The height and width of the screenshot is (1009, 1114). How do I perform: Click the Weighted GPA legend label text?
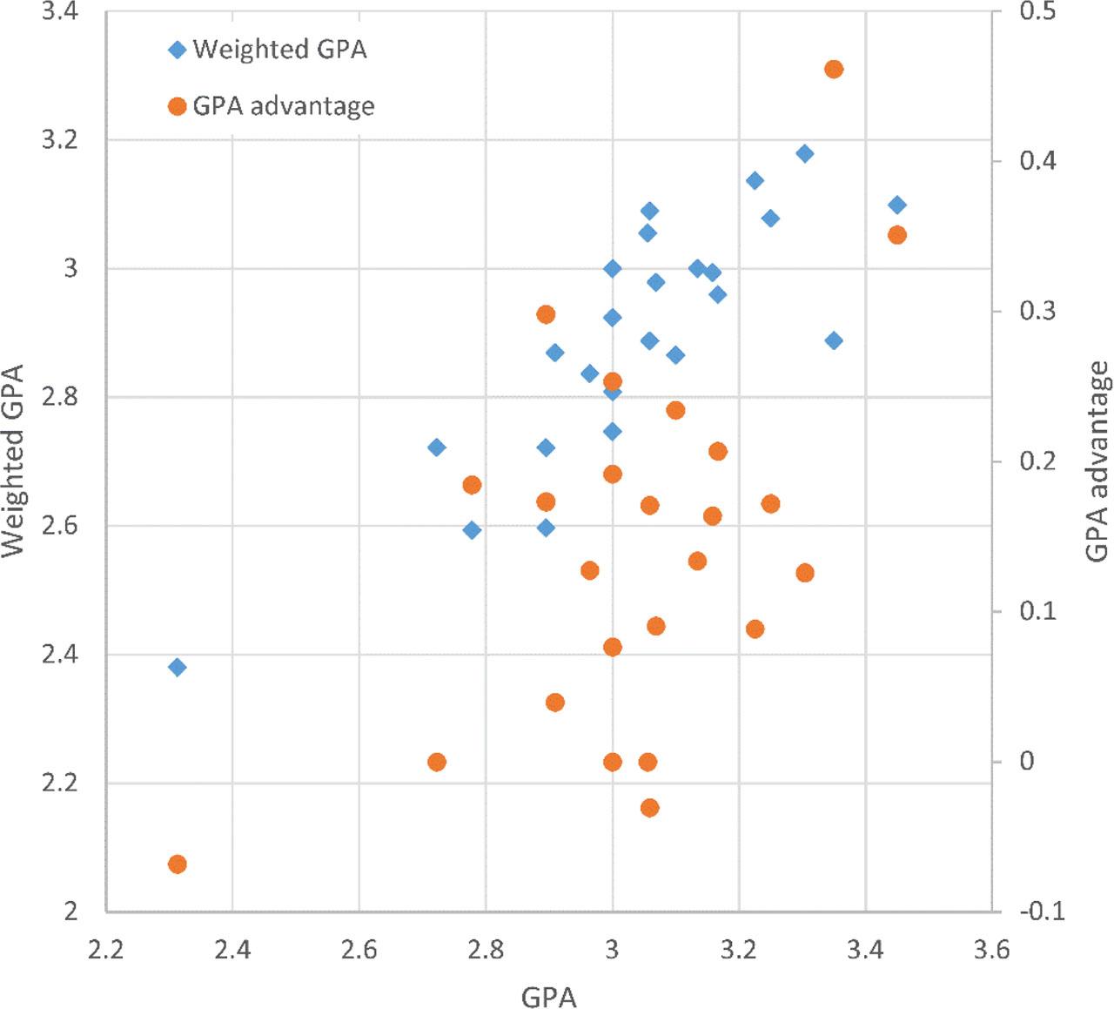click(x=279, y=49)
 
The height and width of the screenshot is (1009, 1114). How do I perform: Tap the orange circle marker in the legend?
click(x=178, y=106)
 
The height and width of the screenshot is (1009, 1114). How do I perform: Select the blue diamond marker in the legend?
click(x=178, y=50)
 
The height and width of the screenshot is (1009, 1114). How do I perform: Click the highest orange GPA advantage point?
click(x=834, y=69)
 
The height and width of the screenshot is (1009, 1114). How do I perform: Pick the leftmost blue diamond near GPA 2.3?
click(x=178, y=668)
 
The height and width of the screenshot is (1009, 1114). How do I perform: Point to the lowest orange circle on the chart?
click(x=178, y=864)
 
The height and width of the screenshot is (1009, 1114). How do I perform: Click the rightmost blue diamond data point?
click(x=897, y=205)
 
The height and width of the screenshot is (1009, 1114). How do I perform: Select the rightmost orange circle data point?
click(x=897, y=235)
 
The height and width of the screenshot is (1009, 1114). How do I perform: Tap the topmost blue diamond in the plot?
click(x=805, y=154)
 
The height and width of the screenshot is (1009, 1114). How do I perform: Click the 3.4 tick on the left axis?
click(x=60, y=12)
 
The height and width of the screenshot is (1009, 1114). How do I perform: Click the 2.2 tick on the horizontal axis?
click(x=105, y=949)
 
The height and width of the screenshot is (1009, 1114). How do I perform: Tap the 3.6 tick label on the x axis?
click(x=991, y=949)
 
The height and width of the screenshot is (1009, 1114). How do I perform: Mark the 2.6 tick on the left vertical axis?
click(x=60, y=527)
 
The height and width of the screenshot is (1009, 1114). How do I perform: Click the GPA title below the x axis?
click(x=548, y=996)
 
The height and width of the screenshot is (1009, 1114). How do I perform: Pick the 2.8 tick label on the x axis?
click(x=486, y=949)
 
